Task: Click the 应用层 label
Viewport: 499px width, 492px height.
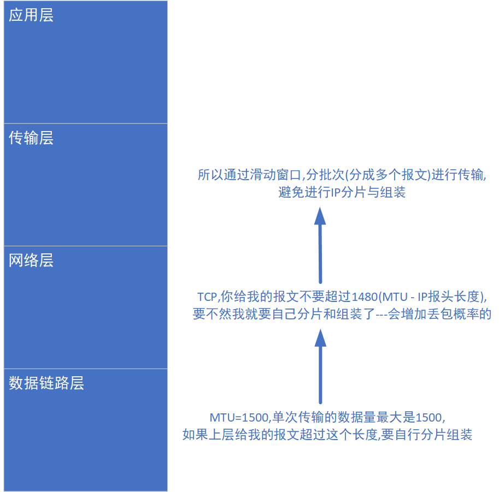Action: pos(31,15)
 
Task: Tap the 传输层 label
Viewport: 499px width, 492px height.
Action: pos(31,138)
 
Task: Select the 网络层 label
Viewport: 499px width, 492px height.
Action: pos(31,260)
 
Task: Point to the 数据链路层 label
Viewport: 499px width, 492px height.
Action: pos(46,383)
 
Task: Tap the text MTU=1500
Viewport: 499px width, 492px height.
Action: pos(239,418)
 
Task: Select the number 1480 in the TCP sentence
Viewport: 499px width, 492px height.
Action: pos(365,297)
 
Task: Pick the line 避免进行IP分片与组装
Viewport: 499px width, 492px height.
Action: pos(342,193)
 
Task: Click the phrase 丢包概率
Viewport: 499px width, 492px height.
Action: pos(461,315)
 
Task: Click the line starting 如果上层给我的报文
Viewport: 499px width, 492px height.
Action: pos(327,435)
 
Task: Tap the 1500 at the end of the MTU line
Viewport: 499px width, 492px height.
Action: pos(429,418)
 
